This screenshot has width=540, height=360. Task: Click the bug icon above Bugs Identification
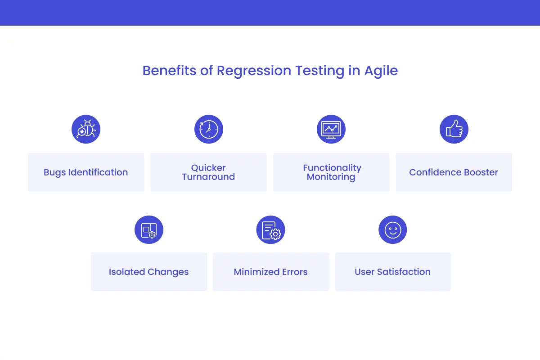coord(86,130)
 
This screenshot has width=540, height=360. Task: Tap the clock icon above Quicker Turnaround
coord(208,130)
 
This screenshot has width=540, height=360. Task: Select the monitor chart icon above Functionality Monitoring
coord(331,130)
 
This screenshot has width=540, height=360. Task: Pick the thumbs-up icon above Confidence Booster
coord(454,130)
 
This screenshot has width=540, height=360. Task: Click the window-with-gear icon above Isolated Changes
coord(149,230)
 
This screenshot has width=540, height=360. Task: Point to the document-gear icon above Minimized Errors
coord(271,230)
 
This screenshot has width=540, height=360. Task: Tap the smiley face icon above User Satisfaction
coord(393,230)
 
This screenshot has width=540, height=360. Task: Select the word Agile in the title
coord(381,71)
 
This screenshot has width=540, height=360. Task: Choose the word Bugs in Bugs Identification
coord(54,172)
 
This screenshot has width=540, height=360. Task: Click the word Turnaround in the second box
coord(208,177)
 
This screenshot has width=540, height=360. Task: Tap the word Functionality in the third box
coord(332,168)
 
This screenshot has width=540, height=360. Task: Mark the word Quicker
coord(208,168)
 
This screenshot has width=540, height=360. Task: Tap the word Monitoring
coord(331,177)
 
